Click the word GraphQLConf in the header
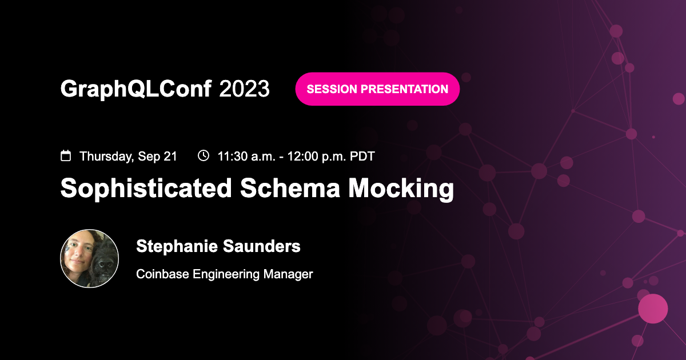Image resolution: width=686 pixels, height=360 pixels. [136, 89]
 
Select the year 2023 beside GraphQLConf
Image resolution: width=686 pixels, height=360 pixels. [244, 89]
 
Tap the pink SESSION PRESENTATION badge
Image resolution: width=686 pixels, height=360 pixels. [377, 89]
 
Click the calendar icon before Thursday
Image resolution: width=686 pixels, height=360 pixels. [66, 155]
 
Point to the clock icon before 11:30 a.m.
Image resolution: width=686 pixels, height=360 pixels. [203, 155]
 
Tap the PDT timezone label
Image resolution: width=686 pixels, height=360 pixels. [362, 156]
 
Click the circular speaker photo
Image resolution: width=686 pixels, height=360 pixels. [90, 258]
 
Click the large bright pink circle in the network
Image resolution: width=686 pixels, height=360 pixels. [653, 309]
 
